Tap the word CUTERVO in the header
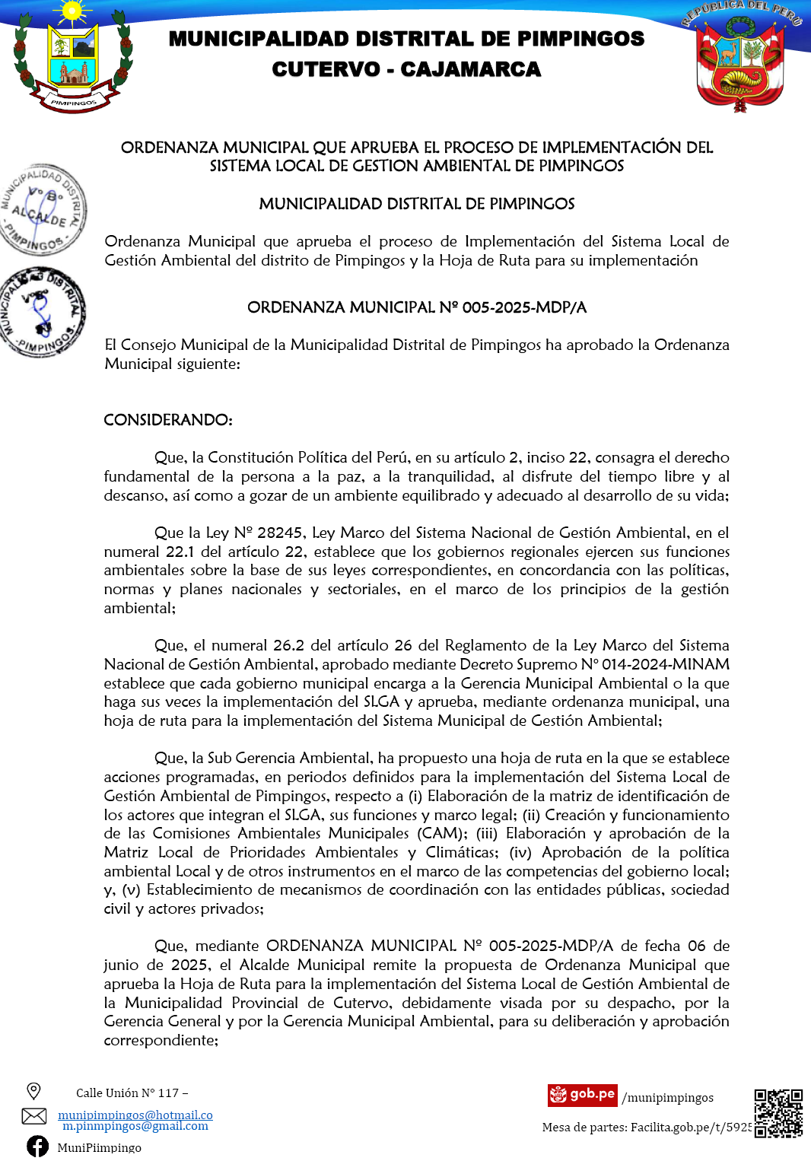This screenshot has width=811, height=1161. (326, 69)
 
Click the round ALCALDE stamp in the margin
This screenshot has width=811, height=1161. (43, 209)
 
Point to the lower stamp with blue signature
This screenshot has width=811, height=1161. (43, 312)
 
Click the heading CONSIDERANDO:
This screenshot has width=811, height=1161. (168, 420)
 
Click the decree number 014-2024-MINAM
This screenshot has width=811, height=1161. (666, 664)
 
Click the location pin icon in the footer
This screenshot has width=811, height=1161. (33, 1091)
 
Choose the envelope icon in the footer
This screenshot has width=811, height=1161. (33, 1116)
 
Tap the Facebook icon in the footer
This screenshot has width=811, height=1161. (37, 1146)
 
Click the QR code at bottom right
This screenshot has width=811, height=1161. (778, 1112)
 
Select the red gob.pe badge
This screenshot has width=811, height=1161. (582, 1095)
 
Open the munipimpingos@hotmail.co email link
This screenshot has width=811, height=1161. (135, 1115)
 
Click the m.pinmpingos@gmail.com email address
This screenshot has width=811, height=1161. (135, 1126)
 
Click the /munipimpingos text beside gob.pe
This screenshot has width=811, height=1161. (667, 1098)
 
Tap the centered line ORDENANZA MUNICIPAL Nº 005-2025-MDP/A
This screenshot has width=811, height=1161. (417, 307)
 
